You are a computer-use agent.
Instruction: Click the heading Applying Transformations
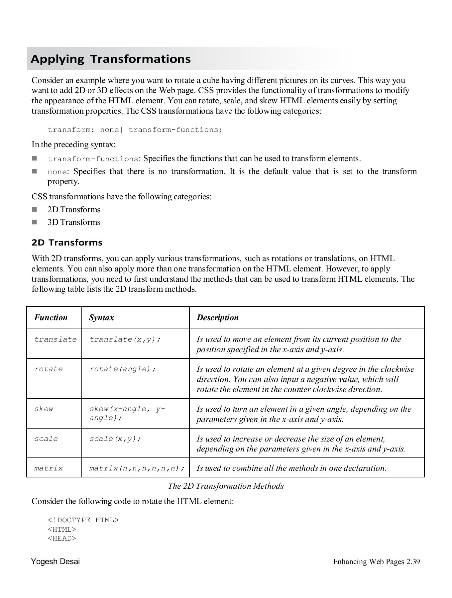point(111,59)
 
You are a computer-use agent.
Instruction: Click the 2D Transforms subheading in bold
point(67,243)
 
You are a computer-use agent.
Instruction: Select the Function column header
point(51,318)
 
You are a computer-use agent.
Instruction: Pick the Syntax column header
point(101,318)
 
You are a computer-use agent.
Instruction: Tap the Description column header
point(217,318)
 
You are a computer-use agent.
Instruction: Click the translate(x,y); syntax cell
point(125,340)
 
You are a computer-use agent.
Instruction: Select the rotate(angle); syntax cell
point(123,369)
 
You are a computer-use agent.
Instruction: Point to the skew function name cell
point(44,409)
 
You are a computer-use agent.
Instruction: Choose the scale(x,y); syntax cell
point(115,439)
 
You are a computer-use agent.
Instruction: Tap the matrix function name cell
point(49,468)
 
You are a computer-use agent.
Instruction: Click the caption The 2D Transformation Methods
point(226,486)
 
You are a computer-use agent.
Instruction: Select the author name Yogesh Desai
point(56,561)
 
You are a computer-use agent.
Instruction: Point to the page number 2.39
point(413,561)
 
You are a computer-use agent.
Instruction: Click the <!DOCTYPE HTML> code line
point(83,520)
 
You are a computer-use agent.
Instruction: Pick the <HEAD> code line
point(62,538)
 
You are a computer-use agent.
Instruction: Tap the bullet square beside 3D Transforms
point(35,222)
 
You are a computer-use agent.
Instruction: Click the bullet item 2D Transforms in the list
point(74,210)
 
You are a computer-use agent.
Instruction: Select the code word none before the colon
point(57,172)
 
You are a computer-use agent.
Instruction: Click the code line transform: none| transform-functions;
point(135,130)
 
